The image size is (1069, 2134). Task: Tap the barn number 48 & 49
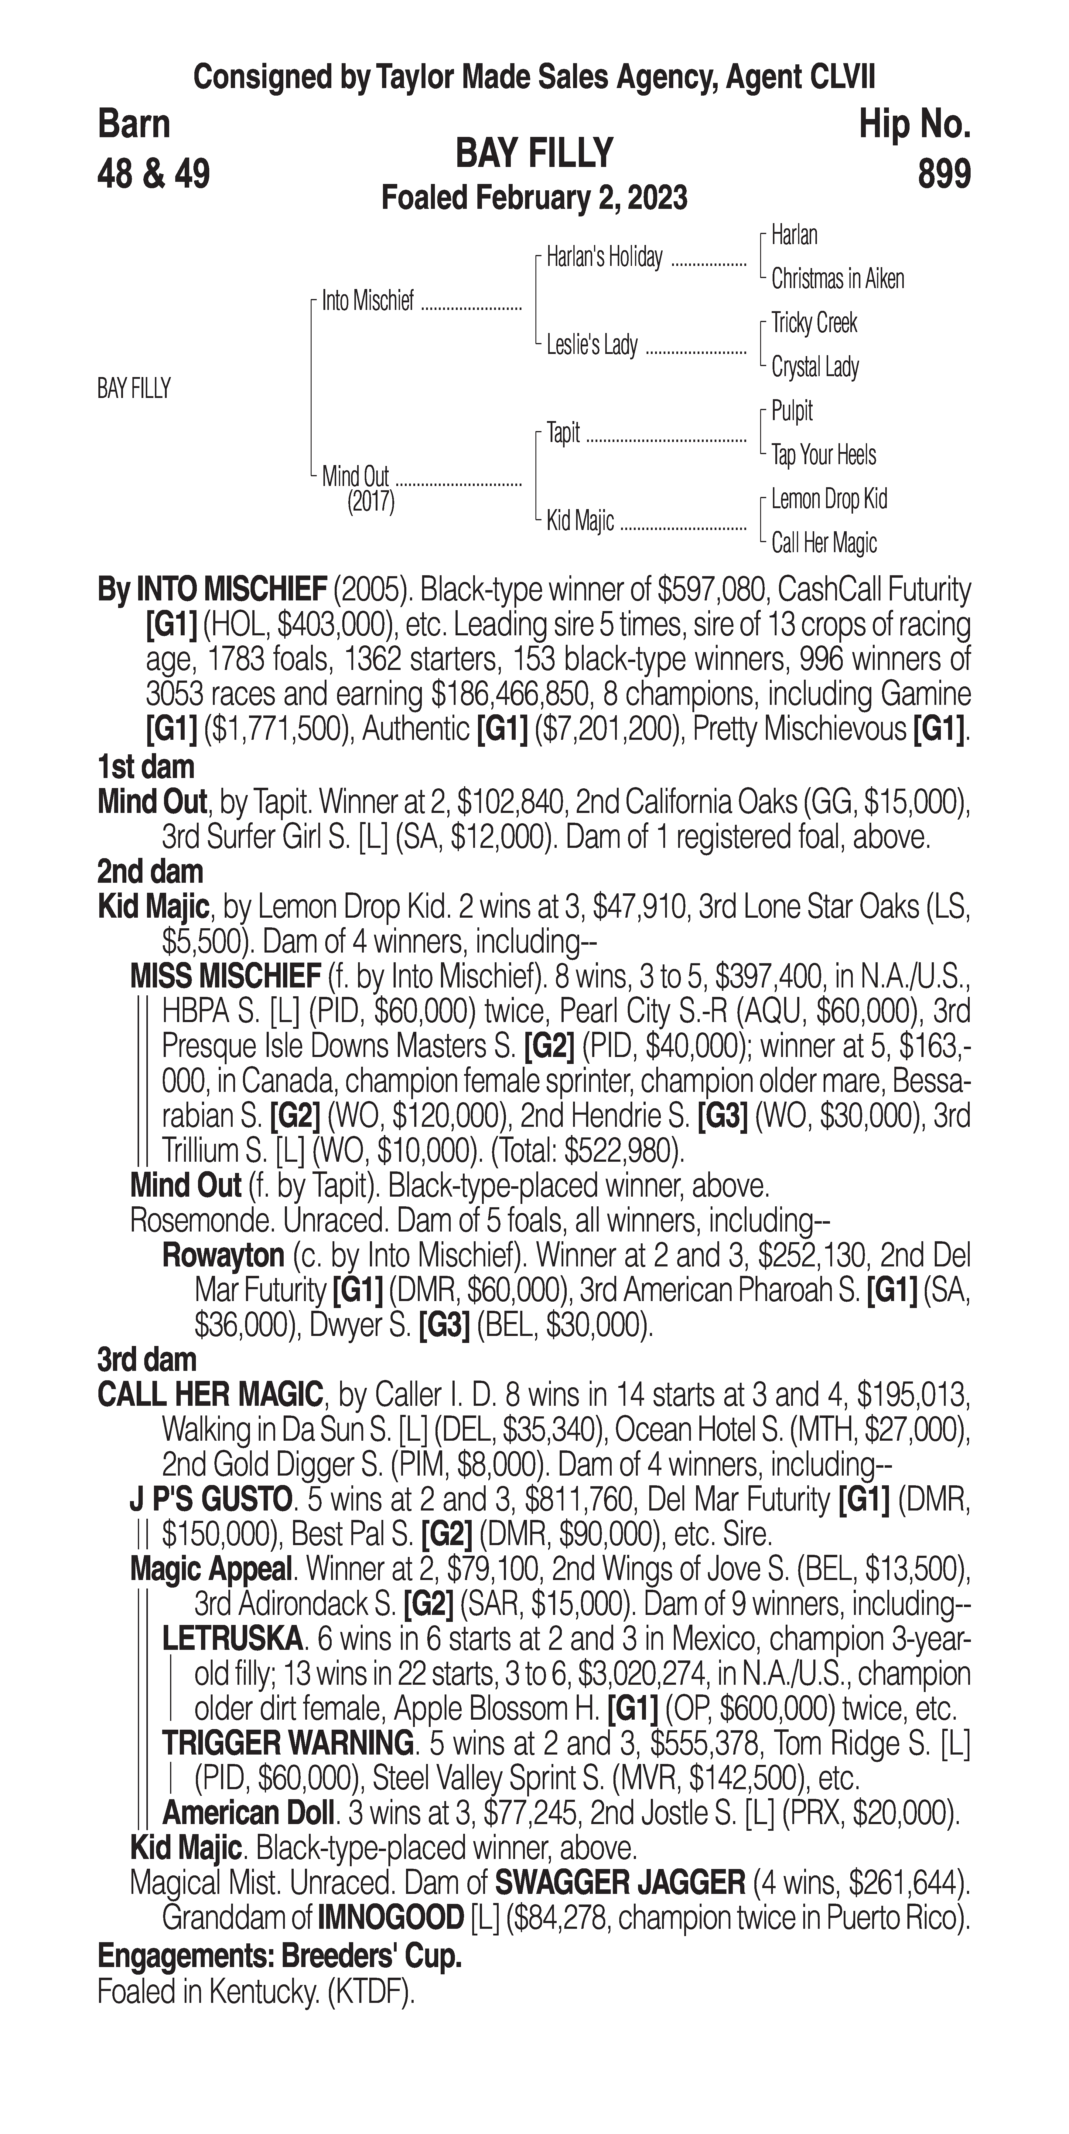[154, 175]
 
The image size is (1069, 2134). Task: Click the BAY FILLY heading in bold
[534, 153]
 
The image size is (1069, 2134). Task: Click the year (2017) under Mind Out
[371, 501]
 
